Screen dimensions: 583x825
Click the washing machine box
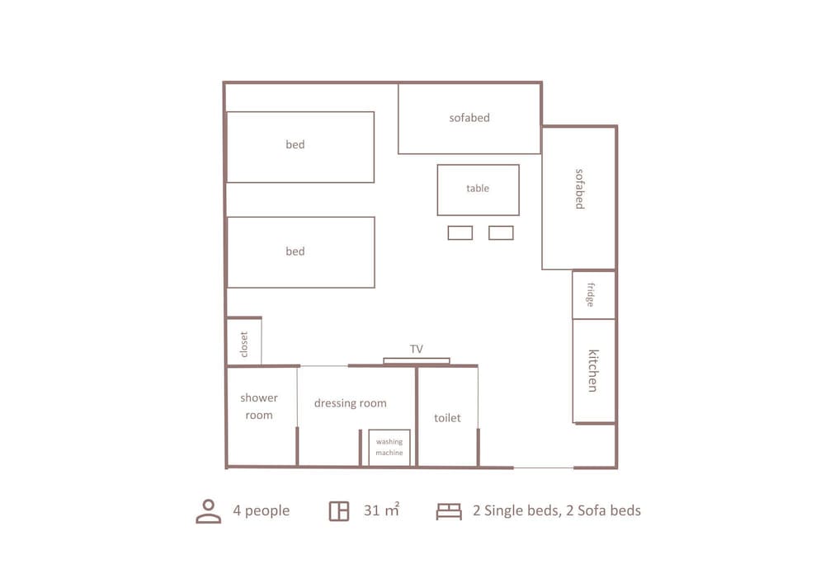click(389, 448)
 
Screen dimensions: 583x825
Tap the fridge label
click(591, 294)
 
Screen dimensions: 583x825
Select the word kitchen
click(592, 370)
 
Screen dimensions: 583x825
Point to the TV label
click(417, 350)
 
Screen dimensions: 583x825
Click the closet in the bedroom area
click(244, 342)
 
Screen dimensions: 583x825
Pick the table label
click(478, 188)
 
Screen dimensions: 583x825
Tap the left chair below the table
click(460, 233)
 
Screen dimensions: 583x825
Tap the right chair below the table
click(501, 233)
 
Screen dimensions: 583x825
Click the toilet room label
click(447, 418)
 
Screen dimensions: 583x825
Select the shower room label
click(259, 407)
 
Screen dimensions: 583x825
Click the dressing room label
click(351, 403)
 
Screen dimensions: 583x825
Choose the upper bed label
click(295, 144)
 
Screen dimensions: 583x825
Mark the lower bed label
click(295, 252)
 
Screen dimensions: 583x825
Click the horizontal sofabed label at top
click(469, 118)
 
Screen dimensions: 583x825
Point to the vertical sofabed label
click(579, 189)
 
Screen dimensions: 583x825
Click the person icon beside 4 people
click(208, 511)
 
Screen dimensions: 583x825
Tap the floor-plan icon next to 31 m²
click(338, 511)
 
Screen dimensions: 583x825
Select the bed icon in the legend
click(449, 511)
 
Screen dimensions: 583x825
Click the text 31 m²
click(381, 510)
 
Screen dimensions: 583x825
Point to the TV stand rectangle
click(417, 360)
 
